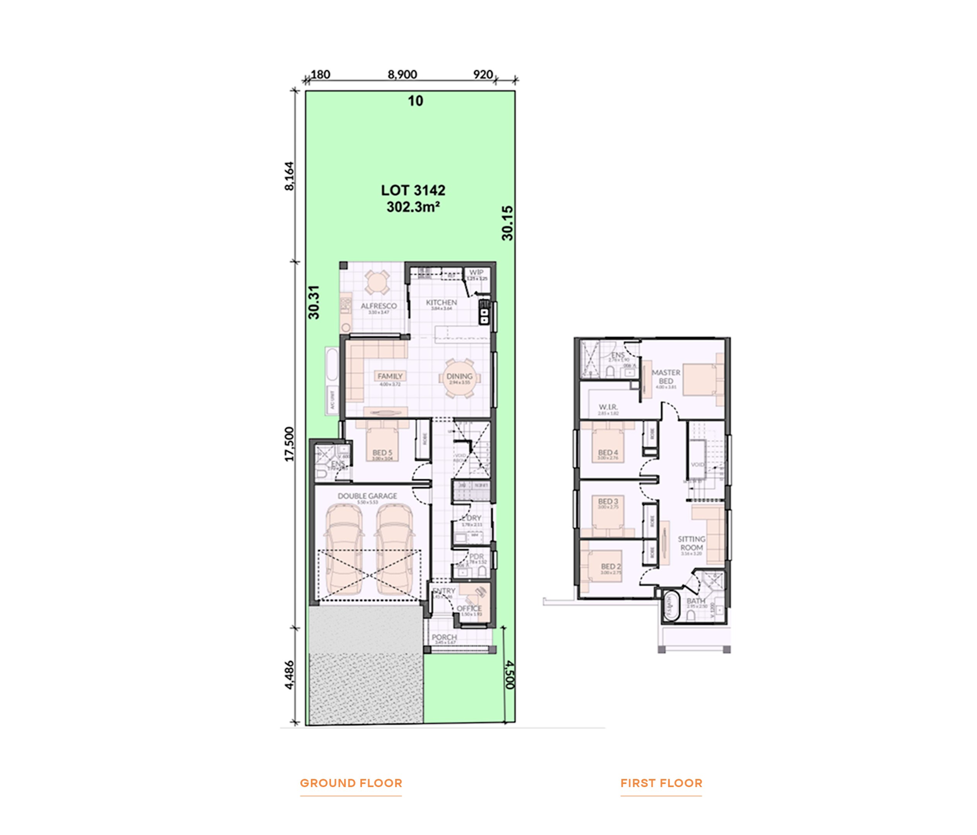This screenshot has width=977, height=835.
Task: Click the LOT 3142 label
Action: pyautogui.click(x=413, y=191)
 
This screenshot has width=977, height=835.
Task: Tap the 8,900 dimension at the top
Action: pyautogui.click(x=402, y=75)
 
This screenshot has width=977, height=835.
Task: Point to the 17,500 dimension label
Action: pyautogui.click(x=289, y=444)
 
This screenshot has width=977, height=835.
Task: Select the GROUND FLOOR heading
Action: pyautogui.click(x=351, y=783)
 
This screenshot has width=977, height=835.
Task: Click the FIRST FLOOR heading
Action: pyautogui.click(x=661, y=783)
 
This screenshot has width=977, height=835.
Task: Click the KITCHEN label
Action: pyautogui.click(x=442, y=302)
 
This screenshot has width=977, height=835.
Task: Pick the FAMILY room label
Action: pyautogui.click(x=390, y=376)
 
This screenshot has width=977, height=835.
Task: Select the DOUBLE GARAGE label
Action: pyautogui.click(x=367, y=496)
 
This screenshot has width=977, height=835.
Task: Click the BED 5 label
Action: pyautogui.click(x=382, y=453)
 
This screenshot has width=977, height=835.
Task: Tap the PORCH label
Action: pyautogui.click(x=444, y=637)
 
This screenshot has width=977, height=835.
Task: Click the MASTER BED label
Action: pyautogui.click(x=666, y=376)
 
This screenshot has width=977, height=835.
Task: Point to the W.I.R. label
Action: pyautogui.click(x=608, y=407)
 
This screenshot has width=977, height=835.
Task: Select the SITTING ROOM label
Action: pyautogui.click(x=691, y=543)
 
